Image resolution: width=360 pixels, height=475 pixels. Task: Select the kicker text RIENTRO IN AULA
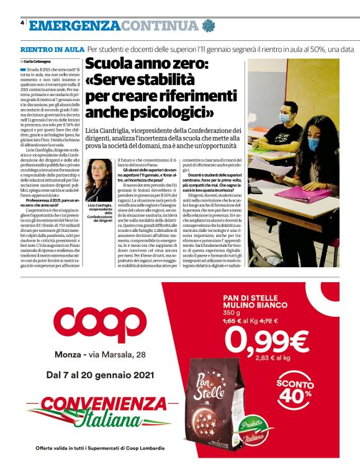[52, 49]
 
